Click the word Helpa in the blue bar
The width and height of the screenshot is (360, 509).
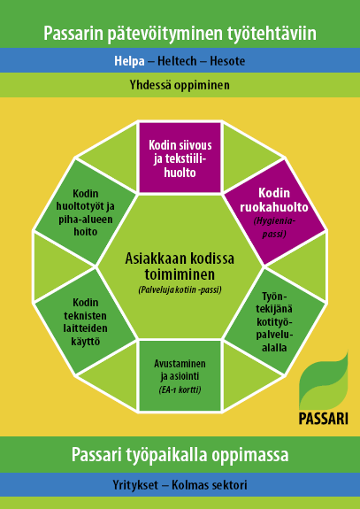(129, 61)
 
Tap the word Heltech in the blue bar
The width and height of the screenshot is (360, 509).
(177, 61)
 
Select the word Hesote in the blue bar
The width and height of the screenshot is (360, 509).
(227, 61)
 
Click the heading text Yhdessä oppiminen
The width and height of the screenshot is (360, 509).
(180, 85)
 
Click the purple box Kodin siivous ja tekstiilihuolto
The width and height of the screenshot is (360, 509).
(180, 158)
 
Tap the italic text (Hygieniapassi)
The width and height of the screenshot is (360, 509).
(274, 228)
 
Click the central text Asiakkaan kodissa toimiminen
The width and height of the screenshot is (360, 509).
(180, 266)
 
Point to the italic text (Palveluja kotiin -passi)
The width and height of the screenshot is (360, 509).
(180, 290)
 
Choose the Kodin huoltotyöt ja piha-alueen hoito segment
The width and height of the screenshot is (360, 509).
(85, 212)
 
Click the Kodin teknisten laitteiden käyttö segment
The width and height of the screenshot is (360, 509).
(85, 321)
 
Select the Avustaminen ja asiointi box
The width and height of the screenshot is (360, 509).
(180, 375)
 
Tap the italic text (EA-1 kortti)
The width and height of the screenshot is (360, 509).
(180, 389)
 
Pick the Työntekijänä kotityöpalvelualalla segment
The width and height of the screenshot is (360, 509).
(275, 321)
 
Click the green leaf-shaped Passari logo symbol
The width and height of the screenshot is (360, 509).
(324, 381)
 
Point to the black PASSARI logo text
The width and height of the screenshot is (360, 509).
(324, 419)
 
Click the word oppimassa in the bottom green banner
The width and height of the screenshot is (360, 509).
(250, 455)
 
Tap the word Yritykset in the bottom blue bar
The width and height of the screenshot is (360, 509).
(135, 485)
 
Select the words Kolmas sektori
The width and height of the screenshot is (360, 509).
(210, 485)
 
